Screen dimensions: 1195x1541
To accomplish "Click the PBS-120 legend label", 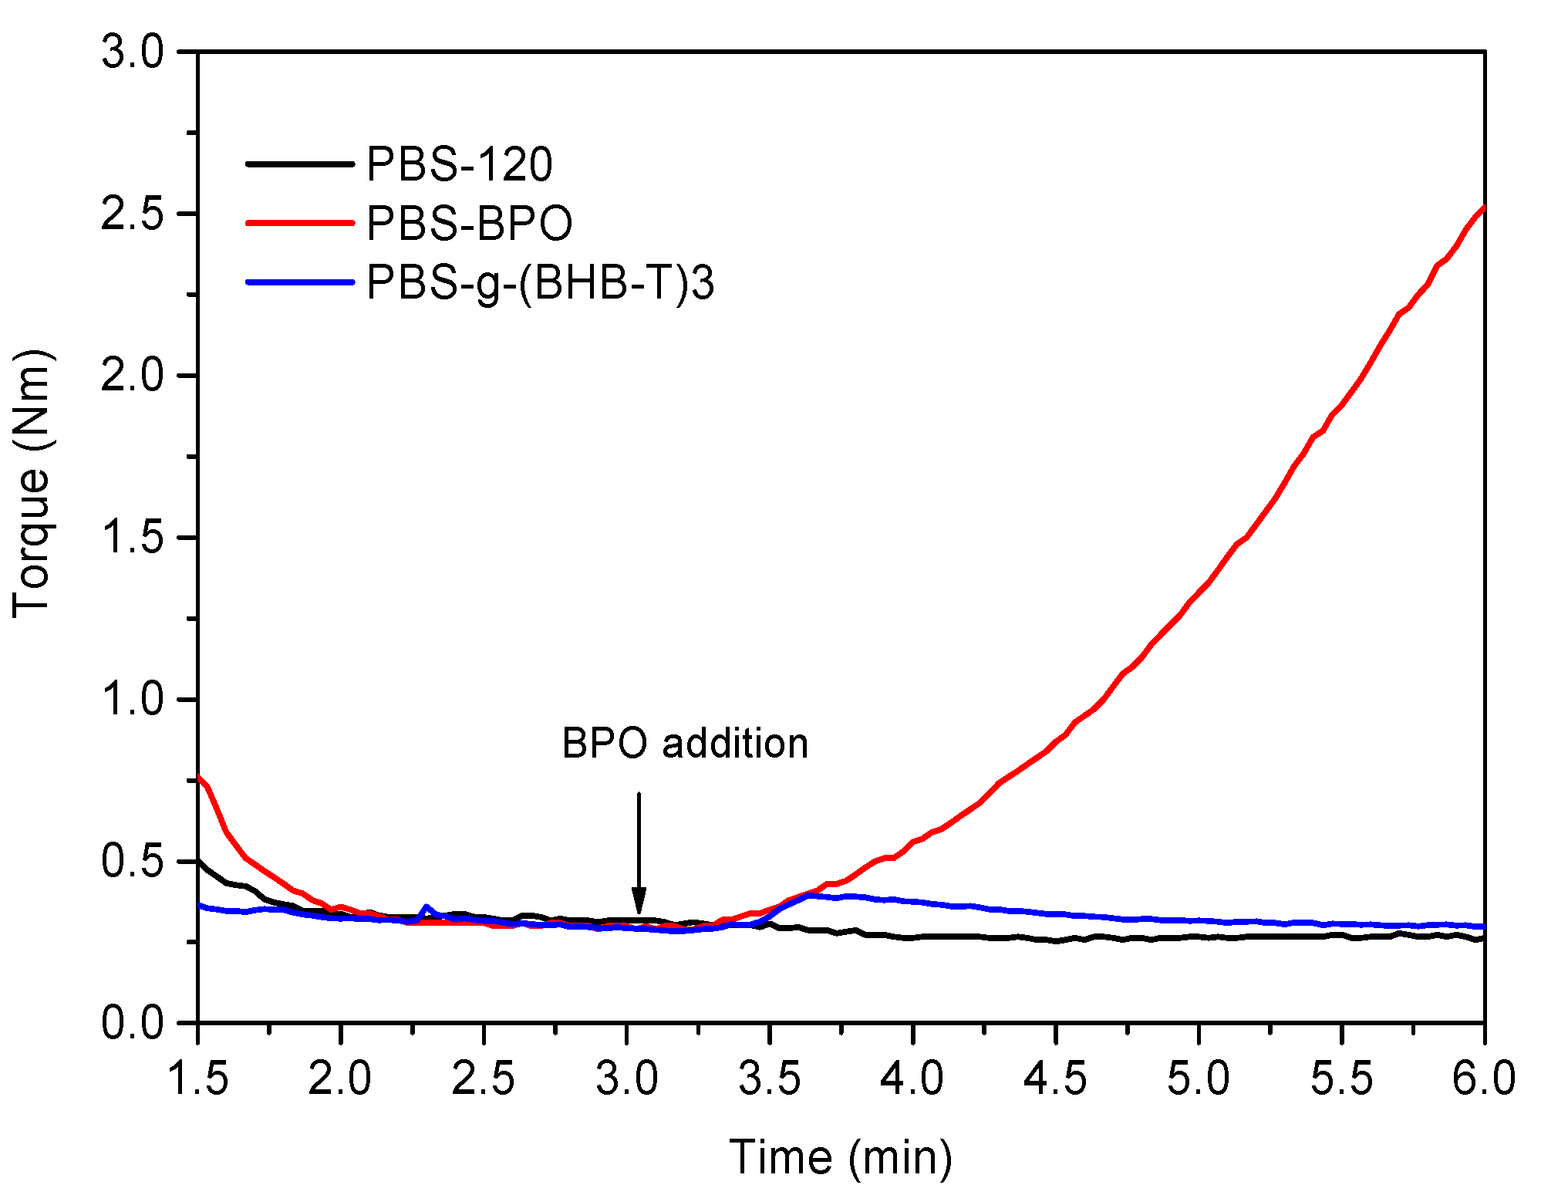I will pos(459,164).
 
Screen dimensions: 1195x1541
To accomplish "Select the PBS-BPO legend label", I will pos(469,224).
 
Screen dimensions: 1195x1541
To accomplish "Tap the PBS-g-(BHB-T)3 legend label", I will pos(540,283).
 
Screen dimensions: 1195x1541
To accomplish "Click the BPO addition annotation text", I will pos(685,744).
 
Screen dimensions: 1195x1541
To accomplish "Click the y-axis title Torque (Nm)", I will pos(32,483).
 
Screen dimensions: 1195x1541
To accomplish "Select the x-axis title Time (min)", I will pos(841,1157).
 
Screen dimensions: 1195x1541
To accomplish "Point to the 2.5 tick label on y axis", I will pos(133,214).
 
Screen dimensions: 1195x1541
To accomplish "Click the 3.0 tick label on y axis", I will pos(133,52).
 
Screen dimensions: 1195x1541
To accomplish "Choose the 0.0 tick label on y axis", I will pos(133,1023).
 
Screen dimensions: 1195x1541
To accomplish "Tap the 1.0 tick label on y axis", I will pos(133,700).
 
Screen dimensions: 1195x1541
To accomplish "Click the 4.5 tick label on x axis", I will pos(1055,1078).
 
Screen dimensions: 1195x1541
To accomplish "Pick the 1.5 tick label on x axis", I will pos(198,1078).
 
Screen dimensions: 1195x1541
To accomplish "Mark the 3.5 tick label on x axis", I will pos(770,1078).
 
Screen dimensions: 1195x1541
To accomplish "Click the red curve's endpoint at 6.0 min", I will pos(1483,208).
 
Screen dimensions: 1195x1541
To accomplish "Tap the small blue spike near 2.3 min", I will pos(427,907).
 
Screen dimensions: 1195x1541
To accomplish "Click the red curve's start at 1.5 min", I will pos(200,776).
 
